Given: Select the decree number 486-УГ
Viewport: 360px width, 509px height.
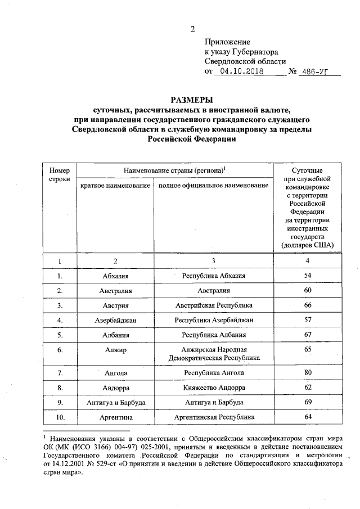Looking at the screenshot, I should (x=316, y=72).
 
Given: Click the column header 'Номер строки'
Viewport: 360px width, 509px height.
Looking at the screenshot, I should (x=60, y=174).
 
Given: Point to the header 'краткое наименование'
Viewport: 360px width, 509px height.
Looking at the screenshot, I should (x=115, y=185).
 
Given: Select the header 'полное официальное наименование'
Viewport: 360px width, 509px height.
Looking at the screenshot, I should (x=213, y=185).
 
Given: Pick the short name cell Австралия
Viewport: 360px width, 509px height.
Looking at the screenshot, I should (x=116, y=290).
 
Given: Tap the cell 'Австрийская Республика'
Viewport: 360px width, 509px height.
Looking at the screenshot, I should (x=213, y=305).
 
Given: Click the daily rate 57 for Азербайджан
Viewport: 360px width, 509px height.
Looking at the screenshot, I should (x=307, y=319).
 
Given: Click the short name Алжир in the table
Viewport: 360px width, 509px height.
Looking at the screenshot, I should (x=116, y=350).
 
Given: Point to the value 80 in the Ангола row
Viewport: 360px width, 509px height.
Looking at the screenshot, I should (x=307, y=372).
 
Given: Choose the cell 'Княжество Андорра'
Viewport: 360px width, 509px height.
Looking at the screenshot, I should (x=213, y=388).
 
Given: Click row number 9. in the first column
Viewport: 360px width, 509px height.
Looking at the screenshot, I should (x=60, y=402).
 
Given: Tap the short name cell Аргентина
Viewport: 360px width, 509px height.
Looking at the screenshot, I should (x=116, y=417).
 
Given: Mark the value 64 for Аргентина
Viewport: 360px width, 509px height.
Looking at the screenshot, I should (x=307, y=417).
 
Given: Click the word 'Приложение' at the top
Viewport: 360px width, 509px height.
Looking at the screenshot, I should (x=227, y=42).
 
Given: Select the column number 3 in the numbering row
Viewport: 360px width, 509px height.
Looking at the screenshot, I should (x=213, y=261).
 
